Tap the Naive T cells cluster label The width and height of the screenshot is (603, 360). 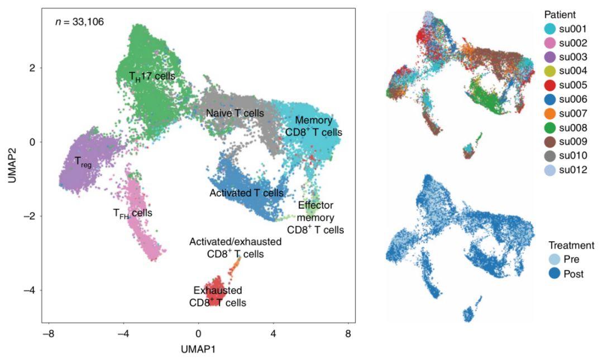click(x=234, y=113)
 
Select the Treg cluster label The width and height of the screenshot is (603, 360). click(x=82, y=162)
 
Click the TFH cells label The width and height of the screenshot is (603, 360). click(x=132, y=213)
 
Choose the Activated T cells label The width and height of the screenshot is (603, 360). click(x=246, y=193)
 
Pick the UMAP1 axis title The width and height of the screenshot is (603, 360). click(x=198, y=349)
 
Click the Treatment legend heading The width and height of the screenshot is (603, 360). click(x=571, y=245)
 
